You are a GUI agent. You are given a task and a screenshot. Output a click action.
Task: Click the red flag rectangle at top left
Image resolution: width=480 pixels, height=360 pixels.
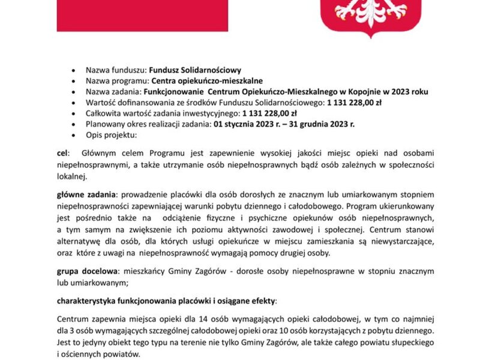(142, 16)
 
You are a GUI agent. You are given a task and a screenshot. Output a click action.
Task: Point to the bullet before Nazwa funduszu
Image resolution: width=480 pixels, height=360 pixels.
(73, 70)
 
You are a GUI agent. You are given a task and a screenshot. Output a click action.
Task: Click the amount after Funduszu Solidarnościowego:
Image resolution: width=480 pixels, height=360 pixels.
(358, 102)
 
